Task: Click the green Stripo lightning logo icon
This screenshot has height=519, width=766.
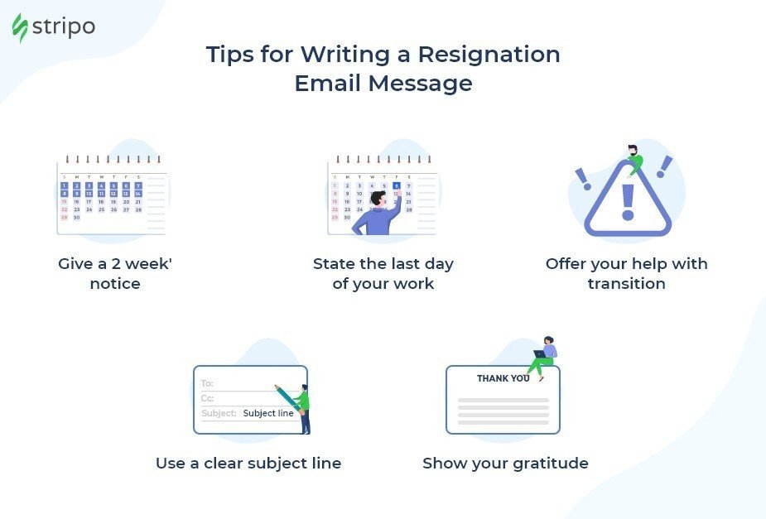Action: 20,27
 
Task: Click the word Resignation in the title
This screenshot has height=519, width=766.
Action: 489,55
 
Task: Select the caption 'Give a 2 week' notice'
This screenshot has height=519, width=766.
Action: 115,274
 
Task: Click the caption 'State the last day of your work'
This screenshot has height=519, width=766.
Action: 383,274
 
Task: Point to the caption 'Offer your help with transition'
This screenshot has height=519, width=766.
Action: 626,274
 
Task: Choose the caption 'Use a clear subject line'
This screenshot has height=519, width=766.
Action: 248,464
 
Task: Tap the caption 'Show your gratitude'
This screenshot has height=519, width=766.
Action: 505,464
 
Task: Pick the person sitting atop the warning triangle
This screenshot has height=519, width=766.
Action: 634,159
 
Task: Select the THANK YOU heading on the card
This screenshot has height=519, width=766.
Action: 503,378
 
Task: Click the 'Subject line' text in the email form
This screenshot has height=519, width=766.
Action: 268,413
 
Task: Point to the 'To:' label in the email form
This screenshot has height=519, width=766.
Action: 207,383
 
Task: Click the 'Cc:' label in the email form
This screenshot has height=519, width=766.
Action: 207,398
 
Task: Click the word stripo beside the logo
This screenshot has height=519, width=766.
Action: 64,26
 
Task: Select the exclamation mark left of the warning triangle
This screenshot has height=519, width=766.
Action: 583,179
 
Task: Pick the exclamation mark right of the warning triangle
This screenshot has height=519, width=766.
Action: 664,166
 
